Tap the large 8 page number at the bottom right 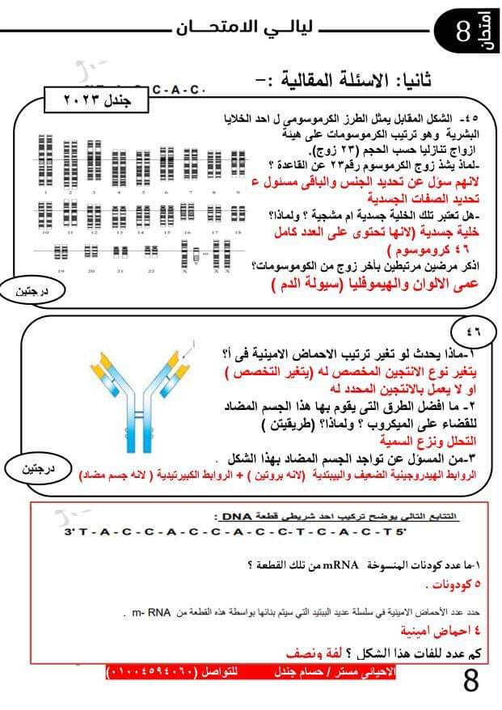472,680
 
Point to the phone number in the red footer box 146,672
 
